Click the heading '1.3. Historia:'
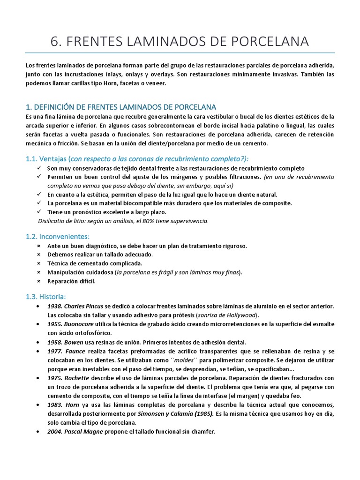[x=46, y=296]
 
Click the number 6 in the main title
[x=55, y=41]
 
